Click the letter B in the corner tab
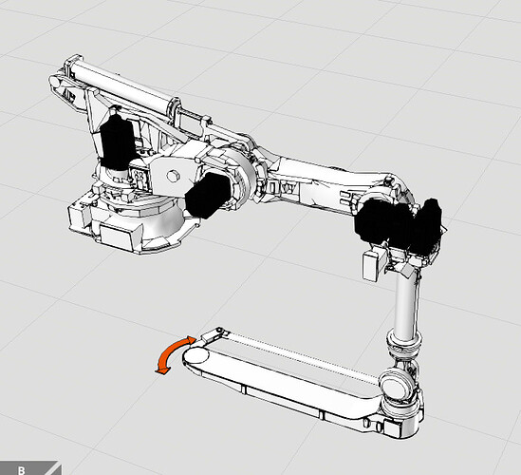pos(22,470)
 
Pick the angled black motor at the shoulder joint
pos(208,196)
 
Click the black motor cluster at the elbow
pos(399,224)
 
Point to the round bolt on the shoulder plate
pos(173,176)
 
